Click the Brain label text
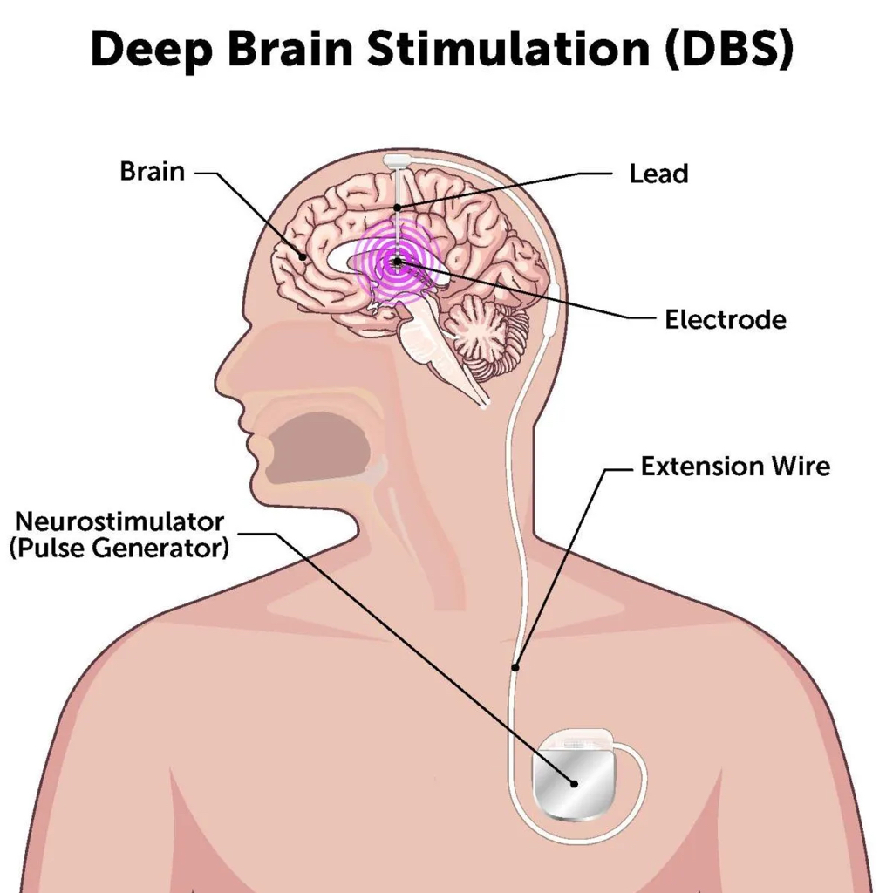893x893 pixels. (x=153, y=170)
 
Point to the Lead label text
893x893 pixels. (x=658, y=174)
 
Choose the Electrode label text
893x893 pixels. (x=725, y=319)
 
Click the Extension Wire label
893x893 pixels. (x=735, y=466)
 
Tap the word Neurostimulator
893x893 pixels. (x=119, y=521)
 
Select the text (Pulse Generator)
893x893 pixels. (x=119, y=549)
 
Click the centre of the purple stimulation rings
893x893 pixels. (x=398, y=260)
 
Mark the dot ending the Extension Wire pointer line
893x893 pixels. (x=515, y=667)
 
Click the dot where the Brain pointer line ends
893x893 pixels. (x=303, y=256)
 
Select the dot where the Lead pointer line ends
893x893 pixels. (x=398, y=207)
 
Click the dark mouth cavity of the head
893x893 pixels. (x=314, y=445)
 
